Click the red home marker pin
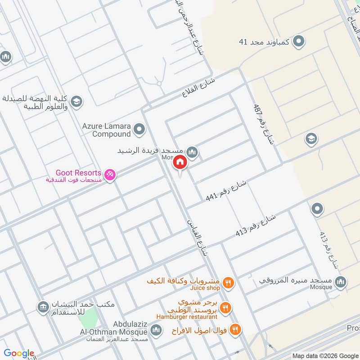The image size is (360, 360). point(180,162)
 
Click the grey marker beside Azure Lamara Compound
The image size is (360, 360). point(139,130)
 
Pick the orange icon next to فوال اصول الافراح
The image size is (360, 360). point(234,330)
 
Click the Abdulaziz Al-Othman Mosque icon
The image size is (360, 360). point(156,331)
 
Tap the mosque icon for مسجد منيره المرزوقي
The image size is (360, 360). point(341,281)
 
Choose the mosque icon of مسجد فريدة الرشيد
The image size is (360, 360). point(192,152)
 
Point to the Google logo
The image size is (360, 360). point(19,353)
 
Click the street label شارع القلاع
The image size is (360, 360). point(199,88)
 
